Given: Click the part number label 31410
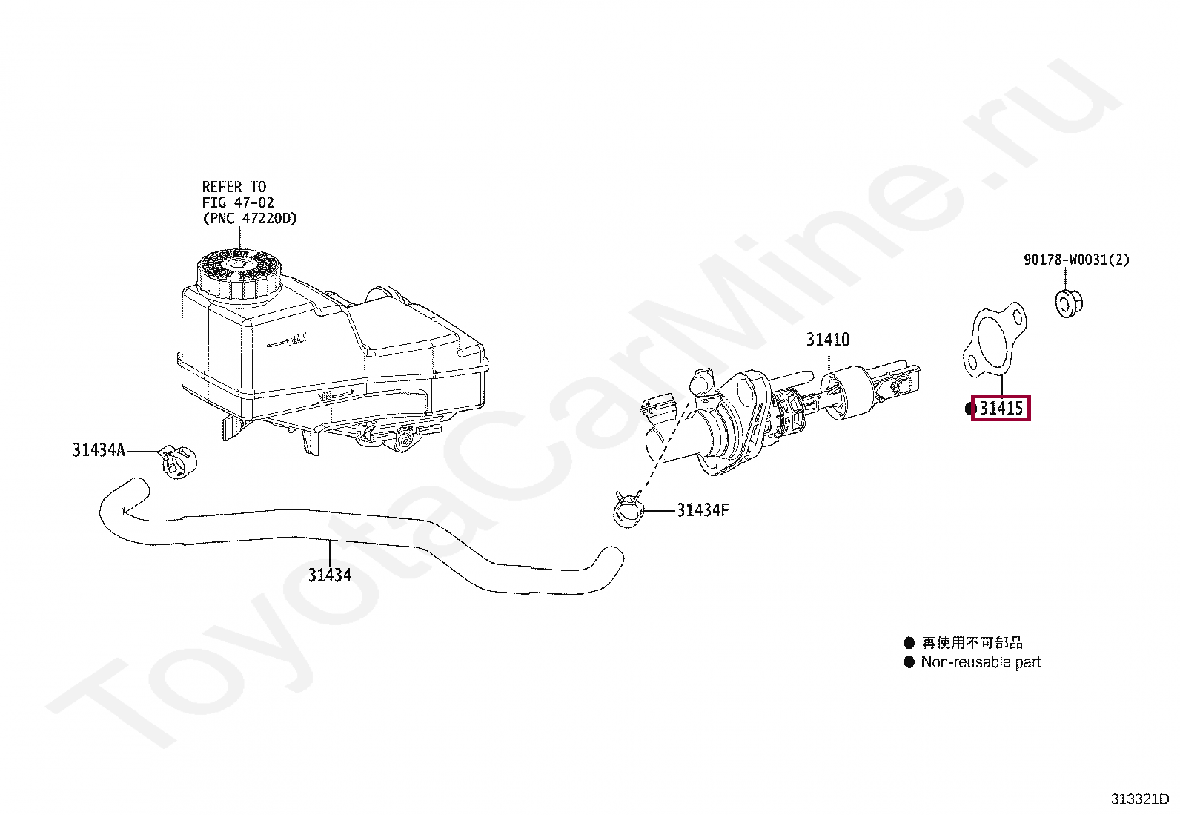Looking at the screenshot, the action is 828,340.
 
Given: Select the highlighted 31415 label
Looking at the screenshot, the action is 1001,408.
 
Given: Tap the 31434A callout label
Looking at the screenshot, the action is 99,449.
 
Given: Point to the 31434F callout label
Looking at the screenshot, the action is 703,510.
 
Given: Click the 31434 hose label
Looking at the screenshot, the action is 330,575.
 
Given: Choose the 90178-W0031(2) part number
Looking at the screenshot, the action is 1076,260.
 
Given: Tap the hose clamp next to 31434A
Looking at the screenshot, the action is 177,461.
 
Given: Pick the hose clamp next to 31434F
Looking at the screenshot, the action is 629,512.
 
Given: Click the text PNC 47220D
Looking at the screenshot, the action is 250,218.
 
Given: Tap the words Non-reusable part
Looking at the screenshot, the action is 981,662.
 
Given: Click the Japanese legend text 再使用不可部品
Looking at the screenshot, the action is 972,643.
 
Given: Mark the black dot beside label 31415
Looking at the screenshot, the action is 971,409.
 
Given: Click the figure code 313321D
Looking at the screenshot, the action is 1139,799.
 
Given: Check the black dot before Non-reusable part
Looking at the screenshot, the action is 909,662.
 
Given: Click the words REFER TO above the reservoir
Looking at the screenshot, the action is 233,187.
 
